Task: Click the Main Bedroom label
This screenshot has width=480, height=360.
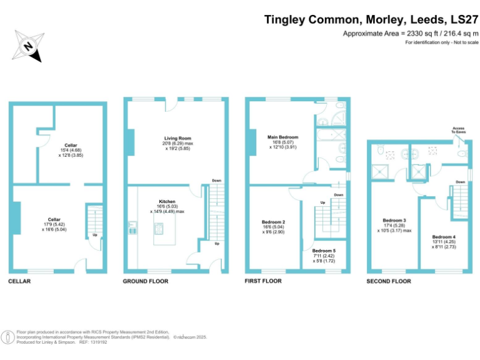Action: pos(282,137)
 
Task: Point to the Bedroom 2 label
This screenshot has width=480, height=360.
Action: pos(274,222)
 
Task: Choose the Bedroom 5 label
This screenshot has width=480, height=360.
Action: pos(324,250)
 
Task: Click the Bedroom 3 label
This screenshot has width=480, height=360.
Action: pos(394,220)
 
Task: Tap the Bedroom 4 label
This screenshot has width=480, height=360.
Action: pos(444,237)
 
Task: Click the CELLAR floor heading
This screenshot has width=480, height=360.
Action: pos(19,281)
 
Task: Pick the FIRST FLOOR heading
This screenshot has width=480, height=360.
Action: pos(263,281)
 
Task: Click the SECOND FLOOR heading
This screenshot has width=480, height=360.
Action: pos(389,282)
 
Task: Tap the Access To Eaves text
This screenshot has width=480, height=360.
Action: pos(459,130)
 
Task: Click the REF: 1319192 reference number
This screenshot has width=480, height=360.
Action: pos(94,342)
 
